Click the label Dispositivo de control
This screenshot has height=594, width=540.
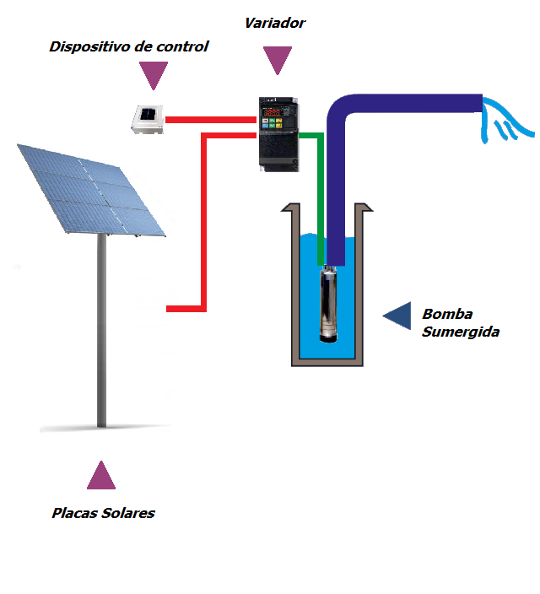click(128, 46)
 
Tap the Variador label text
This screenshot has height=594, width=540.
click(274, 23)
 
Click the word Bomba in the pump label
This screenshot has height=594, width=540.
click(446, 314)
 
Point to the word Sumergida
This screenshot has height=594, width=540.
click(461, 332)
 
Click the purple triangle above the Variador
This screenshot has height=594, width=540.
click(276, 58)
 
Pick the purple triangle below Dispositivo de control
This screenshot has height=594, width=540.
click(153, 75)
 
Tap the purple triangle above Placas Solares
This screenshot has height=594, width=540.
click(101, 477)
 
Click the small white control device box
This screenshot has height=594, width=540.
click(148, 119)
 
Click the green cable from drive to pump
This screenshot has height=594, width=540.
click(319, 194)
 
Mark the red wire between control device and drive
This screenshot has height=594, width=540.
click(210, 120)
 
